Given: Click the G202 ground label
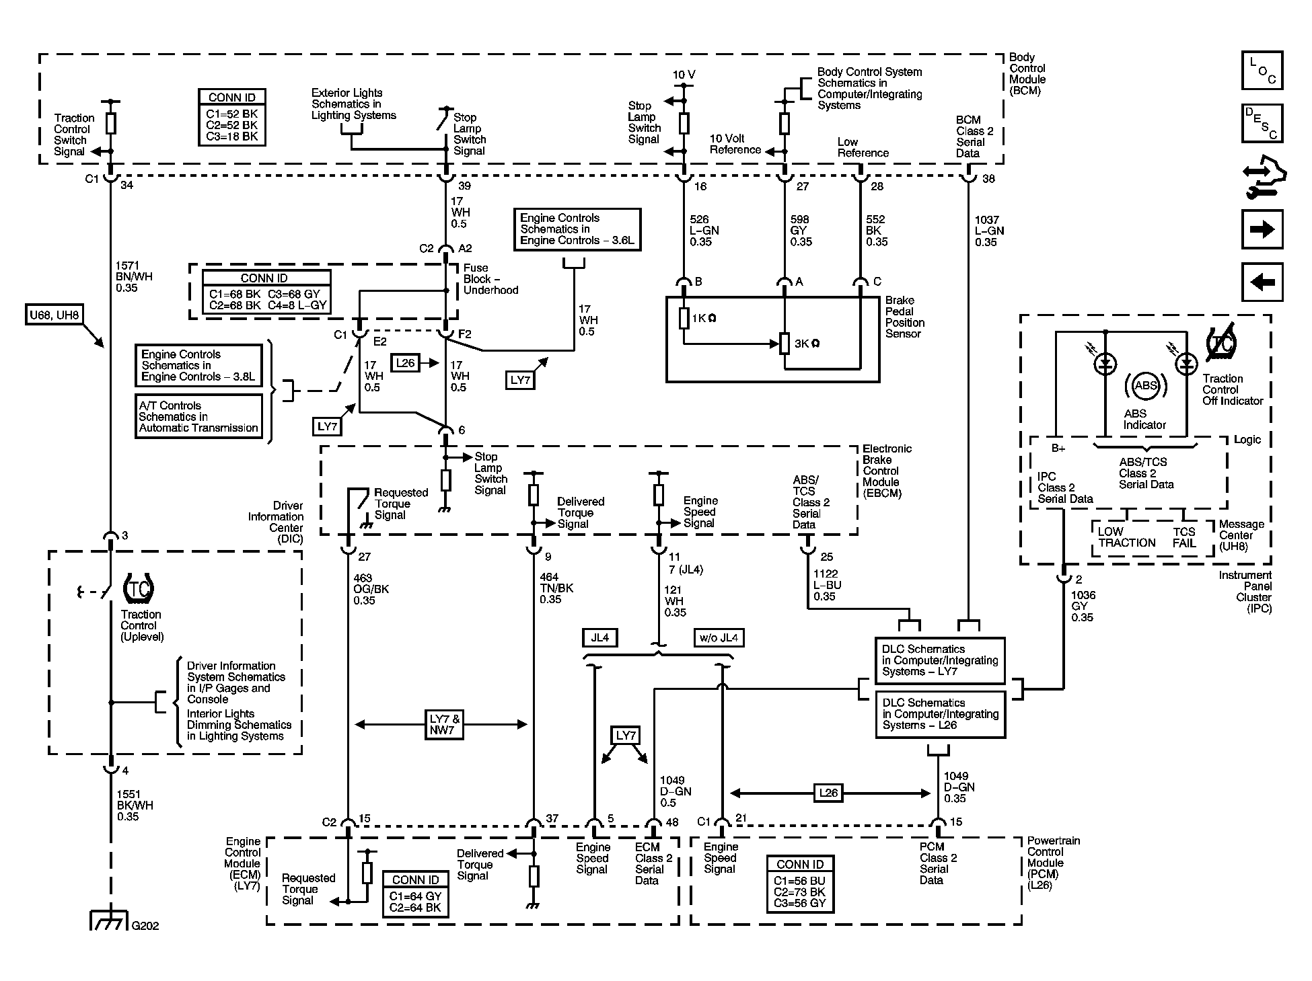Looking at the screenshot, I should [x=145, y=925].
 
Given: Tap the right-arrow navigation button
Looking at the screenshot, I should [x=1262, y=230].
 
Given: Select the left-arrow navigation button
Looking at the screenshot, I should [x=1262, y=282].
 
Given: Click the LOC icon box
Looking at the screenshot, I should [x=1262, y=70].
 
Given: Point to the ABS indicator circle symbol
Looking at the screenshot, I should [x=1145, y=386].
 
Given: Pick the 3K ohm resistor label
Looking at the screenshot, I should [x=807, y=344].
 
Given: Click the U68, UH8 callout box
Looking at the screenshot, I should [x=53, y=315].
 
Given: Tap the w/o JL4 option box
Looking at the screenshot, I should [x=719, y=637].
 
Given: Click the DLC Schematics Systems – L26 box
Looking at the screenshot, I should [x=940, y=714].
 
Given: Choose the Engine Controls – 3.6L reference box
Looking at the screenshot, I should [x=577, y=229].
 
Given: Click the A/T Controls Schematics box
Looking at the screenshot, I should [x=198, y=417].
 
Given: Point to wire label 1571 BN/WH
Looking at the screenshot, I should [x=135, y=276].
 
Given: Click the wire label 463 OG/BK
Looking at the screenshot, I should [x=371, y=589].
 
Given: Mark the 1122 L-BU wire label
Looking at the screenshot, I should [x=827, y=585].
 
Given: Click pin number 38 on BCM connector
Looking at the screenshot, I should [x=988, y=180].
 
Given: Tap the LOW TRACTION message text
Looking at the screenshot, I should [x=1126, y=537].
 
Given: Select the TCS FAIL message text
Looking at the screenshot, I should [x=1184, y=537].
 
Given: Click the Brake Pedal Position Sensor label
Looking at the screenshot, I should [x=904, y=317].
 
